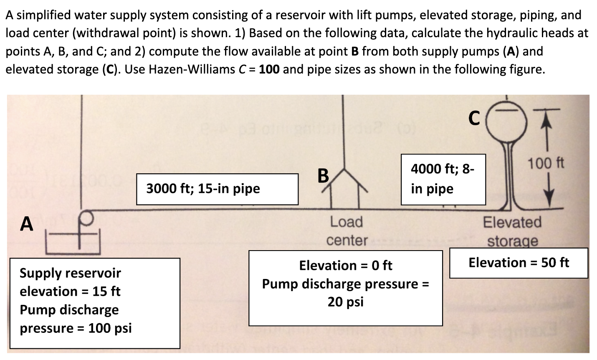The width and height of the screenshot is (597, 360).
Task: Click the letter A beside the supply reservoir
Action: tap(27, 223)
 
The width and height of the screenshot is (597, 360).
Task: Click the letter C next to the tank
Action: tap(473, 118)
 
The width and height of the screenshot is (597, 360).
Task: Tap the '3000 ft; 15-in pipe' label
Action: tap(203, 189)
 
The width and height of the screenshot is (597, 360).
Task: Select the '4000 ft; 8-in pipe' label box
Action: tap(443, 179)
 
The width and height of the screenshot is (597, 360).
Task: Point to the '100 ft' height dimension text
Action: tap(546, 163)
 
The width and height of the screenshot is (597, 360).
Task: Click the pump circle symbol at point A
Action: tap(87, 217)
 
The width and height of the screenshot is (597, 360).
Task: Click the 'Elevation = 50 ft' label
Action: tap(519, 263)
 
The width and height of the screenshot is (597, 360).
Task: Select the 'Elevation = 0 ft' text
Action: tap(346, 265)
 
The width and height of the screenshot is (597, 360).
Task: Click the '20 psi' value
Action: tap(346, 302)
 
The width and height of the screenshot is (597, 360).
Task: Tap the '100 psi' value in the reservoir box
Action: tap(110, 328)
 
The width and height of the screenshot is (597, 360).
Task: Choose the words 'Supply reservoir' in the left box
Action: tap(70, 273)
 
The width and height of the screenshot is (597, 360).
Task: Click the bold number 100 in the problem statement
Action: tap(269, 69)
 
